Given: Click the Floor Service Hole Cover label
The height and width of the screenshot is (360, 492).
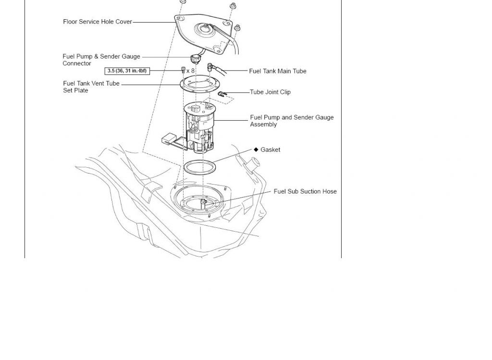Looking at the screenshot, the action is [98, 22].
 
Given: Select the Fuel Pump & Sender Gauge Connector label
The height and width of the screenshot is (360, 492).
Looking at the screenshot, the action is [101, 60].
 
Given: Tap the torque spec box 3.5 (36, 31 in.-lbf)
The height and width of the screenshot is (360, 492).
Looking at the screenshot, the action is [127, 71].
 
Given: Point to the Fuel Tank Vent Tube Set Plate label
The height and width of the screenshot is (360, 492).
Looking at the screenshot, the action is [91, 87].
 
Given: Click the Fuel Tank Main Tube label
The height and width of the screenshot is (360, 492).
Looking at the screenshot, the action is [278, 71].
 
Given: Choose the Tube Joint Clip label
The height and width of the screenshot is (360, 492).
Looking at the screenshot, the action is [271, 92].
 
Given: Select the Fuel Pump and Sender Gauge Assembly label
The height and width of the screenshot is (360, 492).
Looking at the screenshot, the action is [292, 121].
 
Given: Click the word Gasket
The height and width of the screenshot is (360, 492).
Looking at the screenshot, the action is [270, 149].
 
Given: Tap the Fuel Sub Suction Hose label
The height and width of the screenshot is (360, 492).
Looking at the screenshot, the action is [305, 191].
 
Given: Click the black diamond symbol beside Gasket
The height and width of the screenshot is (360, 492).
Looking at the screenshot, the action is [256, 149].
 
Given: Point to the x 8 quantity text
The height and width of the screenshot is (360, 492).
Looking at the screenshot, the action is [190, 71].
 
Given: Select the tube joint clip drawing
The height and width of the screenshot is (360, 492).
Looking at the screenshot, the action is [222, 94].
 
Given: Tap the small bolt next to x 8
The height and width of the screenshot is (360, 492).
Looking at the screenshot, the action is [183, 70].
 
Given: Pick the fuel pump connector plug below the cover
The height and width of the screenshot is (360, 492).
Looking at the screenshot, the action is [196, 59].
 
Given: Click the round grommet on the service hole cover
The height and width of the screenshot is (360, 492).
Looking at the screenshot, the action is [206, 30].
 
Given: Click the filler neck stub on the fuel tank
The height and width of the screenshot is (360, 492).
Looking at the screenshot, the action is [252, 163].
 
